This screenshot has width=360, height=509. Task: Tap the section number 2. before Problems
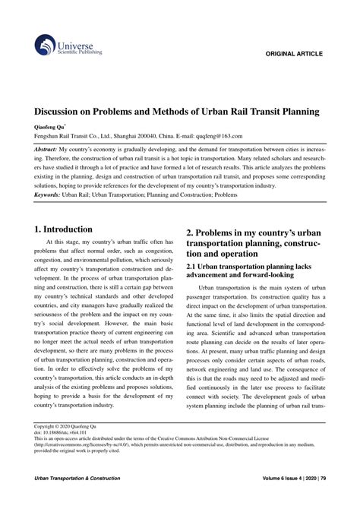190,231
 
